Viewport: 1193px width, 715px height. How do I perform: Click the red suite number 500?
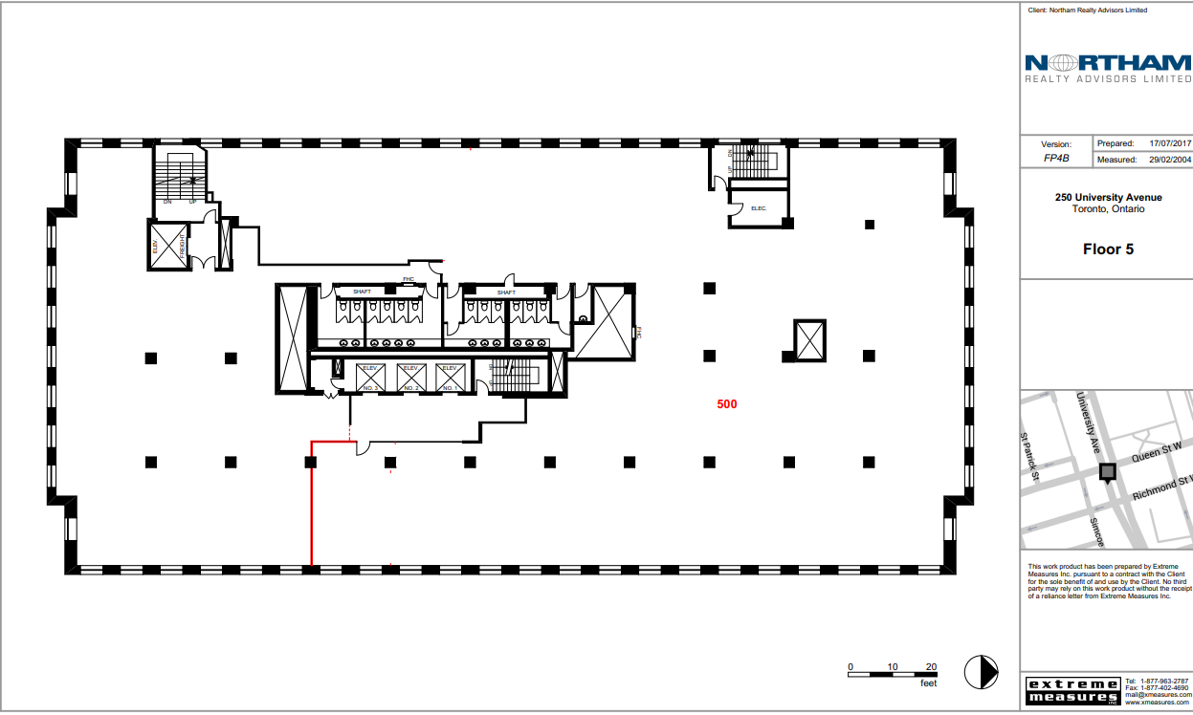(x=727, y=404)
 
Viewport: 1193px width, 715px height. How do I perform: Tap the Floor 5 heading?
(x=1108, y=249)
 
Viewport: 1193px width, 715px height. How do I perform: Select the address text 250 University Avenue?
(x=1108, y=198)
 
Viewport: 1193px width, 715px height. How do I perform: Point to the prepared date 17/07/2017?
(x=1170, y=142)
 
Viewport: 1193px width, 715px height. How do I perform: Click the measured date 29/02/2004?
(x=1170, y=160)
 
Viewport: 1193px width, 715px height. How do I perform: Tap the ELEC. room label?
(x=760, y=208)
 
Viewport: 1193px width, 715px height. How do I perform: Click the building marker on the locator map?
(x=1108, y=471)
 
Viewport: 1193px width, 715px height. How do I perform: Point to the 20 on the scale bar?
(x=931, y=666)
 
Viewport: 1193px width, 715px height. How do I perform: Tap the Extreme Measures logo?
(x=1071, y=690)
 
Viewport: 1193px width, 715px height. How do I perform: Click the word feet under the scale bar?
(x=928, y=683)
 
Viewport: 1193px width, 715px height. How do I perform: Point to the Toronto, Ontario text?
(x=1108, y=209)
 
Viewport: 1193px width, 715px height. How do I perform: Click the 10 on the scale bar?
(x=891, y=666)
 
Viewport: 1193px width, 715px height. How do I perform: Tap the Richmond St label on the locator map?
(x=1161, y=488)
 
